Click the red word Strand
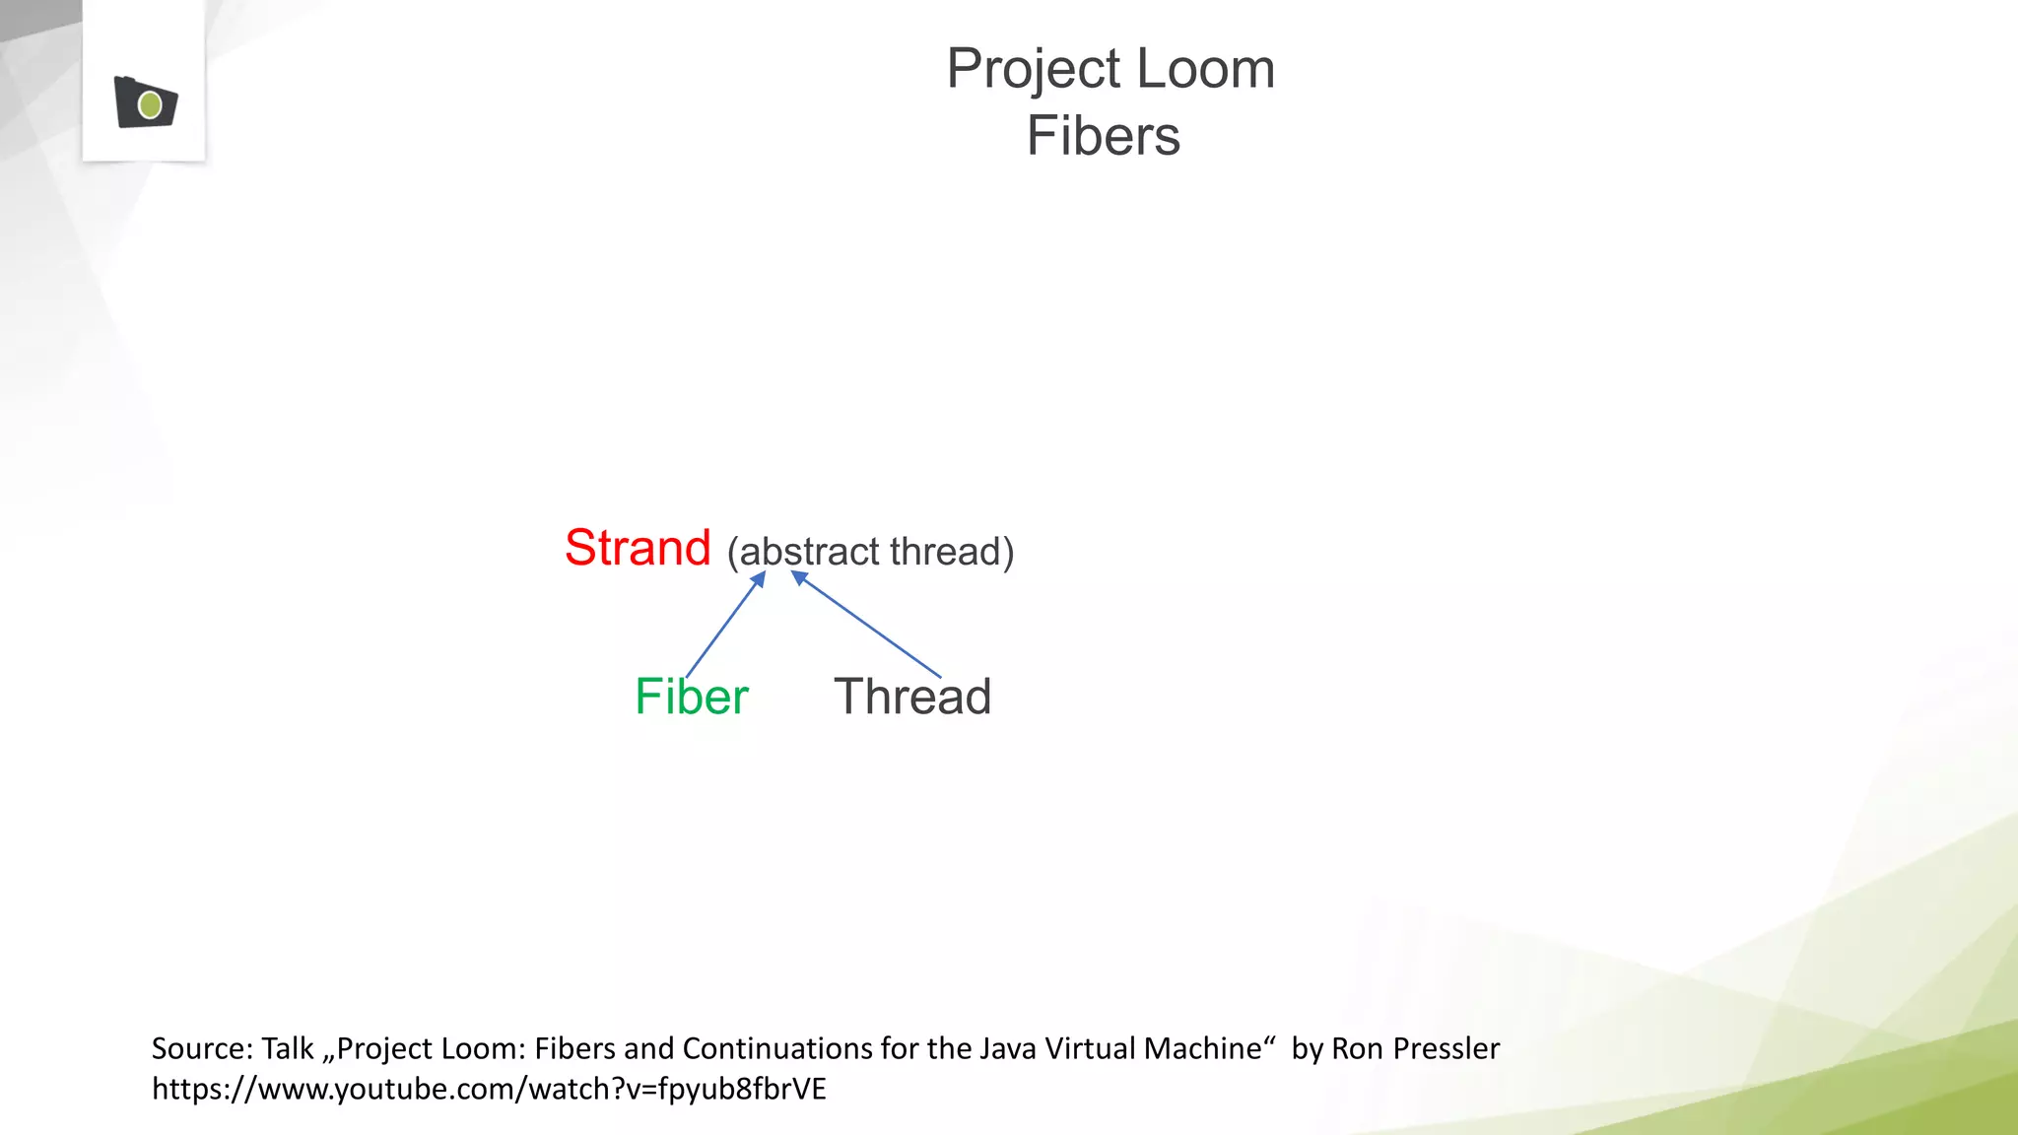[638, 548]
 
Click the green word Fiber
[692, 697]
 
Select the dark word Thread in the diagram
[912, 697]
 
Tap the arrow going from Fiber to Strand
[724, 625]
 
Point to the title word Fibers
[1104, 136]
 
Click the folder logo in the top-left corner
[145, 102]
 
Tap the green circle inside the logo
[151, 104]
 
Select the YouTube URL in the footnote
[489, 1089]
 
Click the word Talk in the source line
[287, 1048]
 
